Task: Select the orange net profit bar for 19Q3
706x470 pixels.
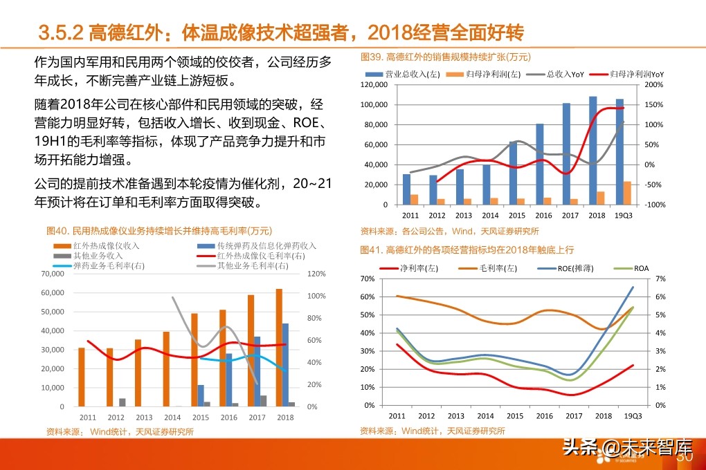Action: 627,194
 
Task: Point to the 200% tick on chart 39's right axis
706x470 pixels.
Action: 655,85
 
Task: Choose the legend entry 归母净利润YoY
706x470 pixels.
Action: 637,74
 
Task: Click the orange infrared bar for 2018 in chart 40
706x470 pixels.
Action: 279,348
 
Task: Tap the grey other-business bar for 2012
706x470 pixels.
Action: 123,402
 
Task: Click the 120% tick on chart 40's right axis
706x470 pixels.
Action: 316,274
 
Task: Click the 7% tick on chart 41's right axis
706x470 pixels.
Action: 661,279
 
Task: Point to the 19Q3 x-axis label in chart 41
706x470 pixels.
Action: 632,416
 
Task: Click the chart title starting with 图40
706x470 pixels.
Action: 159,230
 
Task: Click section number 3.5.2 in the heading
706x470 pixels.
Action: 61,32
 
